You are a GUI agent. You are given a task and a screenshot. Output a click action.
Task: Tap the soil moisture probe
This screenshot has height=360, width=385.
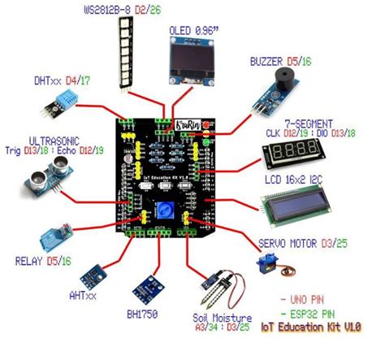pos(220,289)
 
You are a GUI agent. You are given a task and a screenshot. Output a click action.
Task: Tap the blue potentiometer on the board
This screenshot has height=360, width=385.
pos(167,206)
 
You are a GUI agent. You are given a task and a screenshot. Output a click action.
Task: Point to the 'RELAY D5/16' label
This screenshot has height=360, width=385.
pos(42,262)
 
